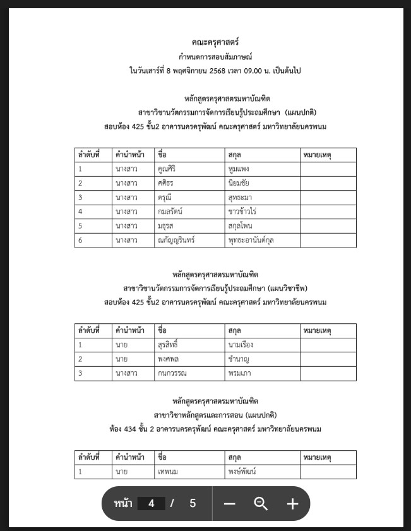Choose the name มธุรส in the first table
(166, 225)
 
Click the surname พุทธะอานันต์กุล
(254, 240)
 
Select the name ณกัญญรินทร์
(177, 240)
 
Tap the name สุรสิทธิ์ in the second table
(169, 345)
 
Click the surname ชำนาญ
(240, 359)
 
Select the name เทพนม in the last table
(169, 472)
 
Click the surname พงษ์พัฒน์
(244, 472)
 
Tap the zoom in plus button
(292, 503)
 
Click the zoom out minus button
(229, 503)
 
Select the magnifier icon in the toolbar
(261, 503)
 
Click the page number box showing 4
(151, 503)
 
